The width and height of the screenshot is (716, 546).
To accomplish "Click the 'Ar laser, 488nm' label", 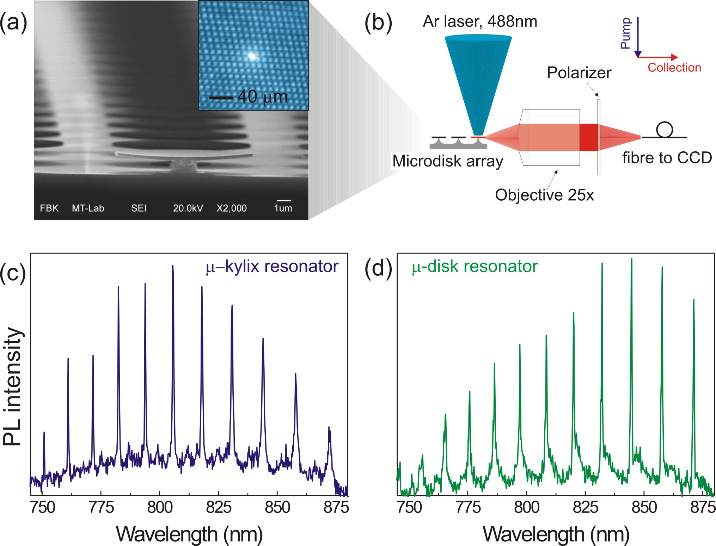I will [x=480, y=21].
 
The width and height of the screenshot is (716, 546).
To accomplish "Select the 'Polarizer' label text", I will [x=579, y=73].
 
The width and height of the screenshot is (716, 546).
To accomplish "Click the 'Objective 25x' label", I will [x=544, y=195].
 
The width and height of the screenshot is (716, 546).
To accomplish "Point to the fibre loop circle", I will [x=664, y=129].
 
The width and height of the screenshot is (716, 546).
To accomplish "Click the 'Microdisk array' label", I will [x=448, y=161].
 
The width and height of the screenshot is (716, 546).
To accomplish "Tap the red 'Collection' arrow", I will [x=658, y=57].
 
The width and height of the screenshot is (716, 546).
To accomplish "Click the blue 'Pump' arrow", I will [x=638, y=37].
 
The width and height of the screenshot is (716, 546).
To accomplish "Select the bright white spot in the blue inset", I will [x=252, y=56].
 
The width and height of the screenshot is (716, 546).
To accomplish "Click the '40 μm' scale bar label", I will [x=262, y=97].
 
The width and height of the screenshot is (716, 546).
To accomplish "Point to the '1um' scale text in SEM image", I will [x=283, y=208].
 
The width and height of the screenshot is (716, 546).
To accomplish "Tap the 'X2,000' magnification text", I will [x=231, y=208].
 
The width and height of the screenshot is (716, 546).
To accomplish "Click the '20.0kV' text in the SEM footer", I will [x=188, y=208].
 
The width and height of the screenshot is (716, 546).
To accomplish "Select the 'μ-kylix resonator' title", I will [x=272, y=266].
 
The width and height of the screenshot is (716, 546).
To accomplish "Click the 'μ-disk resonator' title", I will [x=475, y=266].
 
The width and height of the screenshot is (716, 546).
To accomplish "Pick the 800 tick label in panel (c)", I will [x=160, y=508].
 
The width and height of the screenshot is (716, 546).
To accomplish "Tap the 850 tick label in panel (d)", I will [x=644, y=508].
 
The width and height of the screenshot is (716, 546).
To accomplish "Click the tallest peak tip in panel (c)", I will [x=173, y=266].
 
